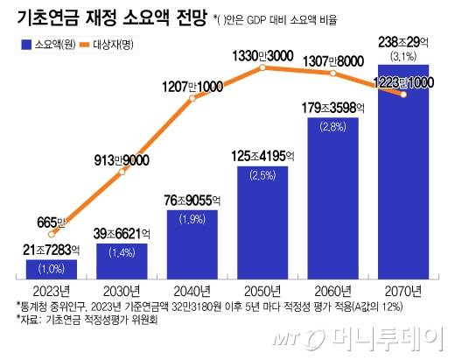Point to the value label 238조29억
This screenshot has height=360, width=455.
tap(403, 41)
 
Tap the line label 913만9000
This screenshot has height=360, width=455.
tap(122, 159)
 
